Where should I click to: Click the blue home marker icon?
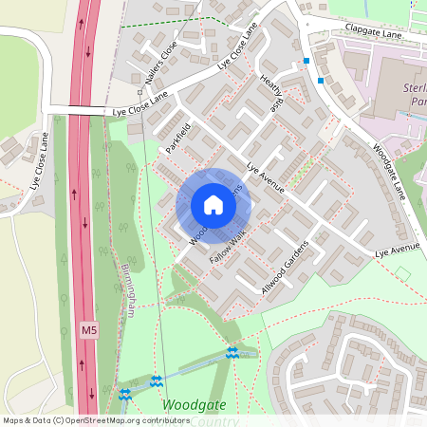coord(213,205)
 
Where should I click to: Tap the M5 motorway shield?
coord(88,330)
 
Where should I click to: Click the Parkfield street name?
coord(178,137)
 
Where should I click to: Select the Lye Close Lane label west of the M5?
coord(39,160)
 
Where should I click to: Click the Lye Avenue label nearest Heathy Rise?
coord(266,180)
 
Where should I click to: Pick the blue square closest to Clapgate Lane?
coord(306,61)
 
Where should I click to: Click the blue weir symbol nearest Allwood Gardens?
coord(232,354)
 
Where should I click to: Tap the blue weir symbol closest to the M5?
coord(124,392)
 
